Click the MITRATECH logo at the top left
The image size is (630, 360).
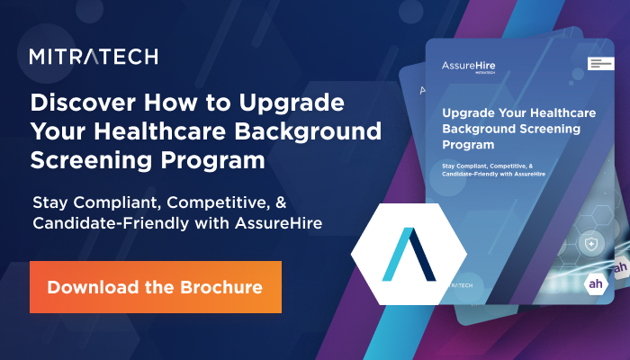[94, 56]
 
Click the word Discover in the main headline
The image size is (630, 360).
[78, 101]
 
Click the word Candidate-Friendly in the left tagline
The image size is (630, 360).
[114, 222]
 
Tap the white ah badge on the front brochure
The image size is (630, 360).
[597, 285]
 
